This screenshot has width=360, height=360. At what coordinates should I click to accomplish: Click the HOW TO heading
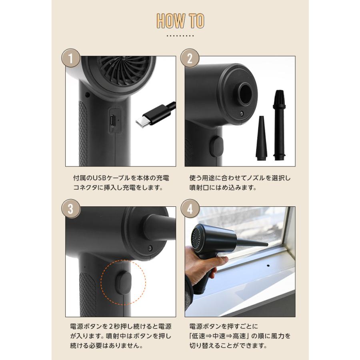(x=180, y=21)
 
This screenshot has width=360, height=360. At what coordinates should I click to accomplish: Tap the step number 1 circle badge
(x=71, y=58)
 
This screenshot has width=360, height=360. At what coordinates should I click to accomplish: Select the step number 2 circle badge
(x=190, y=58)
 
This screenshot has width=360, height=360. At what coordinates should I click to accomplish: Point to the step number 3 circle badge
(x=71, y=209)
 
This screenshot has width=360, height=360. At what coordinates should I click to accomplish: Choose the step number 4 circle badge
(x=190, y=209)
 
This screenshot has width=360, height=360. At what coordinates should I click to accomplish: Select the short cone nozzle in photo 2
(x=261, y=138)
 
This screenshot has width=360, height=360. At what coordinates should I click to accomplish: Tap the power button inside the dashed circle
(x=123, y=283)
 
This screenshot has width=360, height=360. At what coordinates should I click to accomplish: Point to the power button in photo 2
(x=216, y=147)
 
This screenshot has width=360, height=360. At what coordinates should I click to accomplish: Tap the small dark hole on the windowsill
(x=268, y=266)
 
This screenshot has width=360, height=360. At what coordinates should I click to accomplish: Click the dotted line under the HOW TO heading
(x=180, y=36)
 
